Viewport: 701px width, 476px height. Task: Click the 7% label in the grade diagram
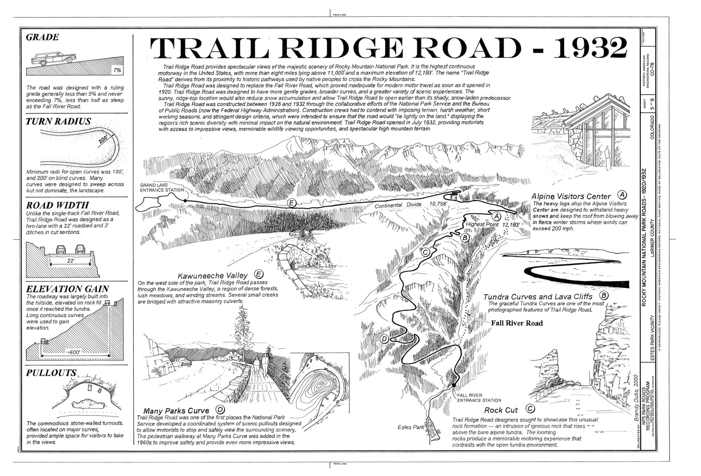tap(117, 70)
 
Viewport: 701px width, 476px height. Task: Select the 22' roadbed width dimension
tap(71, 260)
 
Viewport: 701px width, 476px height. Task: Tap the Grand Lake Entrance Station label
tap(162, 187)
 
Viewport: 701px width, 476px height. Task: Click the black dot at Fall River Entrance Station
tap(454, 385)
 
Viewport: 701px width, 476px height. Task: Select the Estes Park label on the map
tap(410, 427)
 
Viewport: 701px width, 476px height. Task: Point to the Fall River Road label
tap(517, 323)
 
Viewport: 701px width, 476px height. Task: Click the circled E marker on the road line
tap(291, 203)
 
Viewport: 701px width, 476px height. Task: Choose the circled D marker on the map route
tap(384, 339)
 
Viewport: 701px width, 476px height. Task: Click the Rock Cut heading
tap(501, 410)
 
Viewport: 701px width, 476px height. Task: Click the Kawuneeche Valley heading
tap(212, 275)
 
